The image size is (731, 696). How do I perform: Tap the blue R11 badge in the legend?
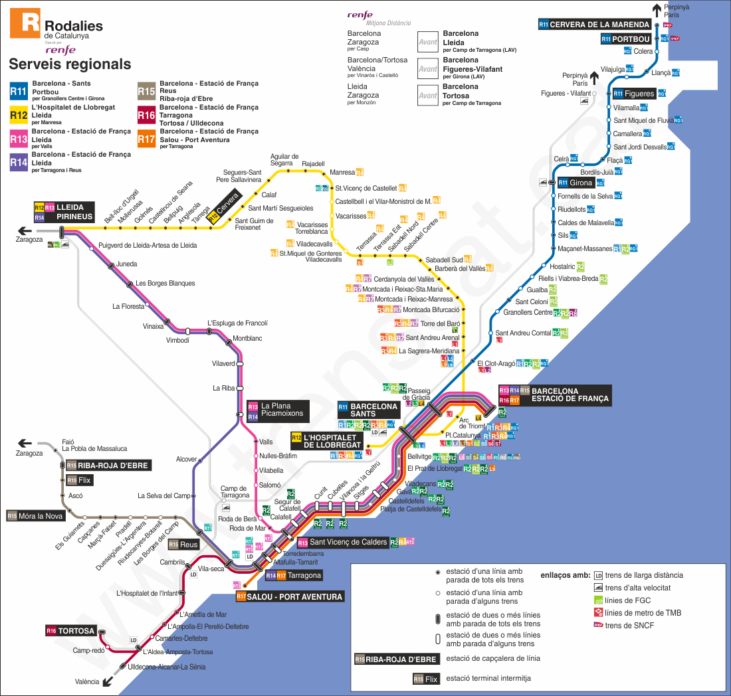(x=18, y=91)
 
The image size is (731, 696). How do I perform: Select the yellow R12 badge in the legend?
(x=18, y=115)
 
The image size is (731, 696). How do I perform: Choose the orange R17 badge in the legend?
(x=146, y=139)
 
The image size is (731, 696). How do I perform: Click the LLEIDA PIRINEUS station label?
(x=74, y=212)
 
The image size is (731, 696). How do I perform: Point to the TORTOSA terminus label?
(x=77, y=630)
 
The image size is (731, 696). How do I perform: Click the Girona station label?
(x=580, y=183)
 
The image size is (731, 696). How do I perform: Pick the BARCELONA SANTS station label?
(x=373, y=409)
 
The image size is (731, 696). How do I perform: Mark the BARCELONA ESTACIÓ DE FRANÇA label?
(x=570, y=395)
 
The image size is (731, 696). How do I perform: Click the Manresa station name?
(x=342, y=173)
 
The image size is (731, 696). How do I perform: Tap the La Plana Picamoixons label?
(x=282, y=410)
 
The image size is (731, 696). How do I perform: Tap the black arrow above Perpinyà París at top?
(x=657, y=9)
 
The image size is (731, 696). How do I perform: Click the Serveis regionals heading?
(x=70, y=64)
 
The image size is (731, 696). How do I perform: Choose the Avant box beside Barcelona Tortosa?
(x=427, y=95)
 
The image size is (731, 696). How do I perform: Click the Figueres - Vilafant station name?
(x=566, y=94)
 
